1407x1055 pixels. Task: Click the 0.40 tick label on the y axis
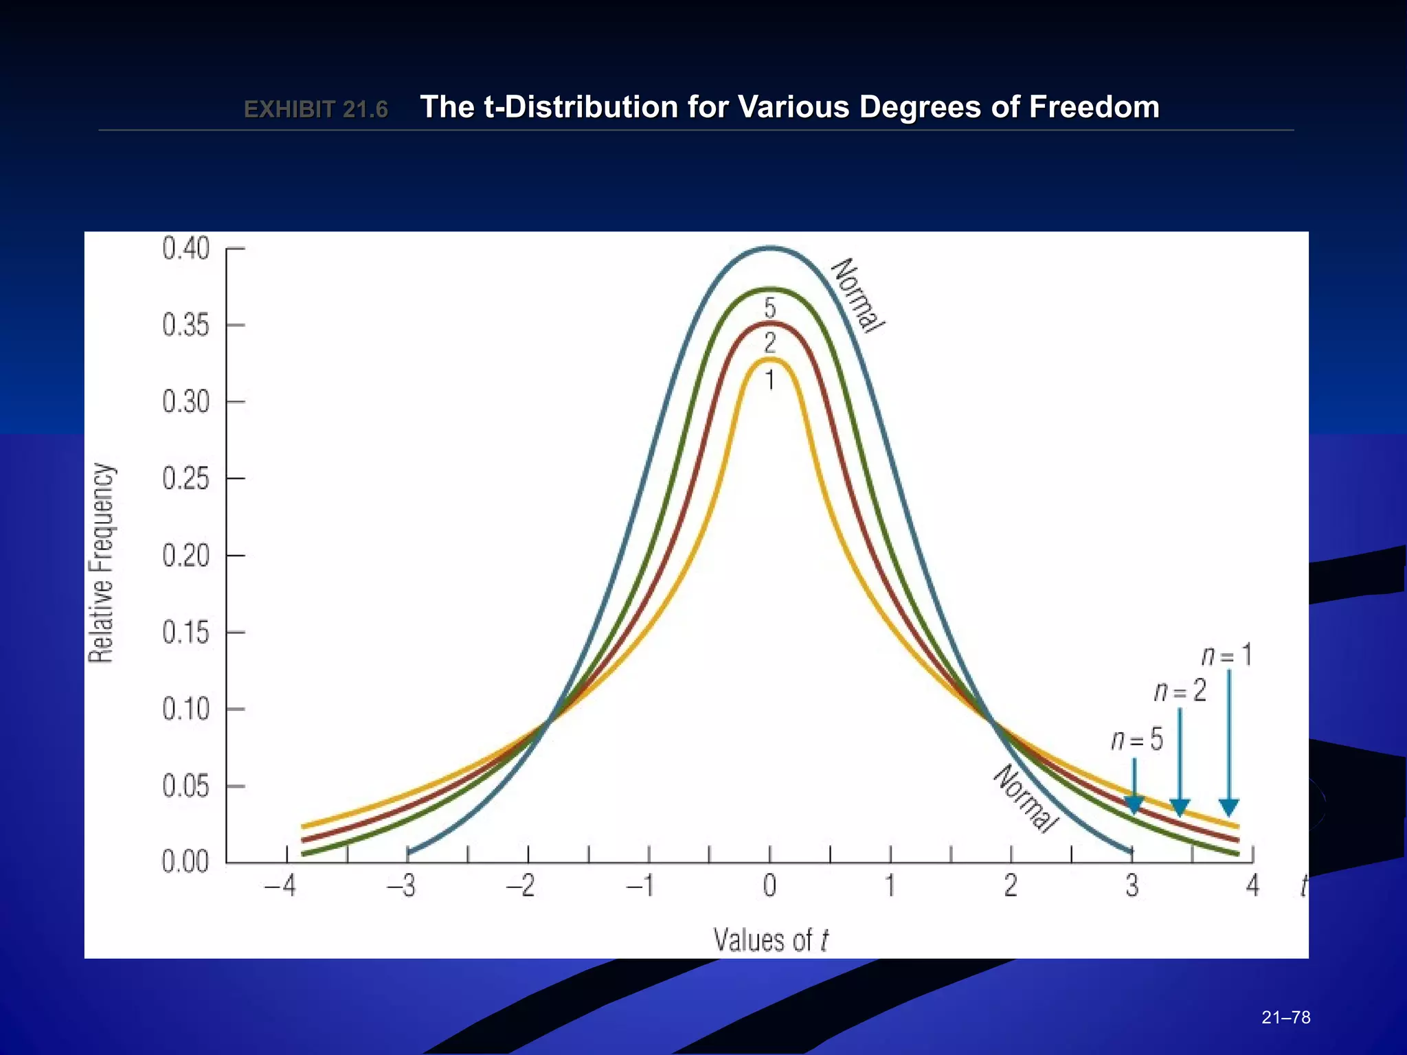185,249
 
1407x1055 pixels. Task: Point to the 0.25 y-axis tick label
185,479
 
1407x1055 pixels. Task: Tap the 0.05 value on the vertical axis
185,786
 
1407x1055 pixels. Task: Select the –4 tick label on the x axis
280,886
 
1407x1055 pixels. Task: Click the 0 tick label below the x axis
769,886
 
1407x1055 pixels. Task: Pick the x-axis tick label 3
1132,886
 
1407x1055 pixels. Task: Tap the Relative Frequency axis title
102,563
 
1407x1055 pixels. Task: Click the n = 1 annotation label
1227,656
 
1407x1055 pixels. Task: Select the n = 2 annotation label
1180,691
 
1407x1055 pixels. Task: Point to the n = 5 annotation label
1137,740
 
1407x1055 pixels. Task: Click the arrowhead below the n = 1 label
1229,807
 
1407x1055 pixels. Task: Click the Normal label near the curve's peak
857,295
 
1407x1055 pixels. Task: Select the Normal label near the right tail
1024,798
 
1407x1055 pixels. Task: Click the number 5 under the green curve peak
770,307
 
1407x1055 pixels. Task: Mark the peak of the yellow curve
771,359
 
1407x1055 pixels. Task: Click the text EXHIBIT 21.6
316,109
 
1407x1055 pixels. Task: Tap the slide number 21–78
1286,1017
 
